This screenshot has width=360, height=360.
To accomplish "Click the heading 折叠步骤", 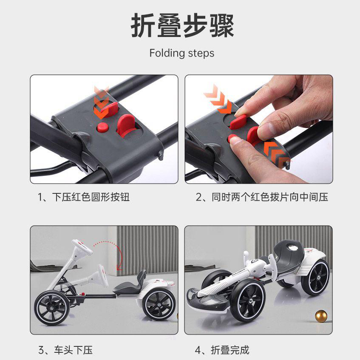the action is tap(182, 25).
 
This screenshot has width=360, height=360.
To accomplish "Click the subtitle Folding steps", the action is tap(182, 53).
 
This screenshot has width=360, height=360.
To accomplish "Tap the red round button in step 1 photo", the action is tap(102, 127).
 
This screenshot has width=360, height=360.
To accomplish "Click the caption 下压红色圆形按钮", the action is tap(91, 197).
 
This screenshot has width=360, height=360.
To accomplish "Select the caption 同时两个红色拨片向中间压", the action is tap(270, 197).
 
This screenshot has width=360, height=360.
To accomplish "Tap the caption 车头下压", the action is tap(73, 350).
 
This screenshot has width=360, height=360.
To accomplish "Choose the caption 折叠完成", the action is tap(230, 350).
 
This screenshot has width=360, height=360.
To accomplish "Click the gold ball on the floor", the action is tap(321, 316).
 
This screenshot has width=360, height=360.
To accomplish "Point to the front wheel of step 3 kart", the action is tap(51, 308).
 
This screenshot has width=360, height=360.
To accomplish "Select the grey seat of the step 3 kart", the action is tap(131, 285).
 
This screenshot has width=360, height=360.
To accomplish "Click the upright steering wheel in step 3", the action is tap(82, 247).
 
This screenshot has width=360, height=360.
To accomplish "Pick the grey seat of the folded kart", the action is tap(290, 252).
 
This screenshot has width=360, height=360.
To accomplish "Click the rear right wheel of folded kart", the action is tap(315, 277).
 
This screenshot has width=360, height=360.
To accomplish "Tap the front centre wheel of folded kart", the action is tap(248, 300).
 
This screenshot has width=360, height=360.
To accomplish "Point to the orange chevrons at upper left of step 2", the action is tap(218, 99).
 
